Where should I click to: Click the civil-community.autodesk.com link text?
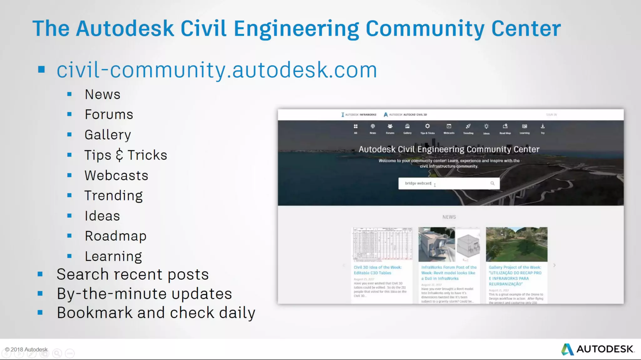pyautogui.click(x=217, y=70)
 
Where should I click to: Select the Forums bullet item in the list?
pyautogui.click(x=109, y=115)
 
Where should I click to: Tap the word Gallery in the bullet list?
pyautogui.click(x=108, y=135)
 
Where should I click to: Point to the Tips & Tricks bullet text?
pyautogui.click(x=126, y=155)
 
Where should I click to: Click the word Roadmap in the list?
pyautogui.click(x=115, y=236)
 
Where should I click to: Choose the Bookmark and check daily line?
pyautogui.click(x=156, y=313)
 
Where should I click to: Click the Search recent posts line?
pyautogui.click(x=132, y=274)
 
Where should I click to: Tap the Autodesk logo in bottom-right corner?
pyautogui.click(x=597, y=349)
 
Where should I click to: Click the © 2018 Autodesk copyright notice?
pyautogui.click(x=26, y=349)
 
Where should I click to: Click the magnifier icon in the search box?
pyautogui.click(x=492, y=183)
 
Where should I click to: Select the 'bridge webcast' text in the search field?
pyautogui.click(x=418, y=183)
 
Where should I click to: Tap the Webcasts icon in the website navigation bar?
pyautogui.click(x=449, y=126)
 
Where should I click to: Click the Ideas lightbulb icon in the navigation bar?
pyautogui.click(x=486, y=126)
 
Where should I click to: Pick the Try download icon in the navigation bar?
pyautogui.click(x=543, y=126)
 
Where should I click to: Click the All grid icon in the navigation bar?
pyautogui.click(x=356, y=126)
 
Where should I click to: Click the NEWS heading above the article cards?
pyautogui.click(x=449, y=217)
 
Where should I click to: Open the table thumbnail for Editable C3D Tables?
pyautogui.click(x=382, y=244)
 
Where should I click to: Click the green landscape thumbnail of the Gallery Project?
pyautogui.click(x=516, y=244)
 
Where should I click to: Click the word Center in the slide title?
pyautogui.click(x=526, y=28)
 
